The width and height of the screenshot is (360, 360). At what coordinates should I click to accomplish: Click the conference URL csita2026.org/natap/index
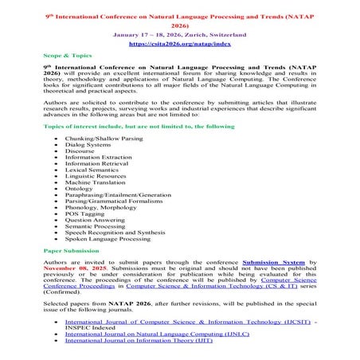point(179,45)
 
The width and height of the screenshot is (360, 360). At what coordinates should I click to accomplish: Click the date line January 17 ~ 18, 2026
point(179,35)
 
